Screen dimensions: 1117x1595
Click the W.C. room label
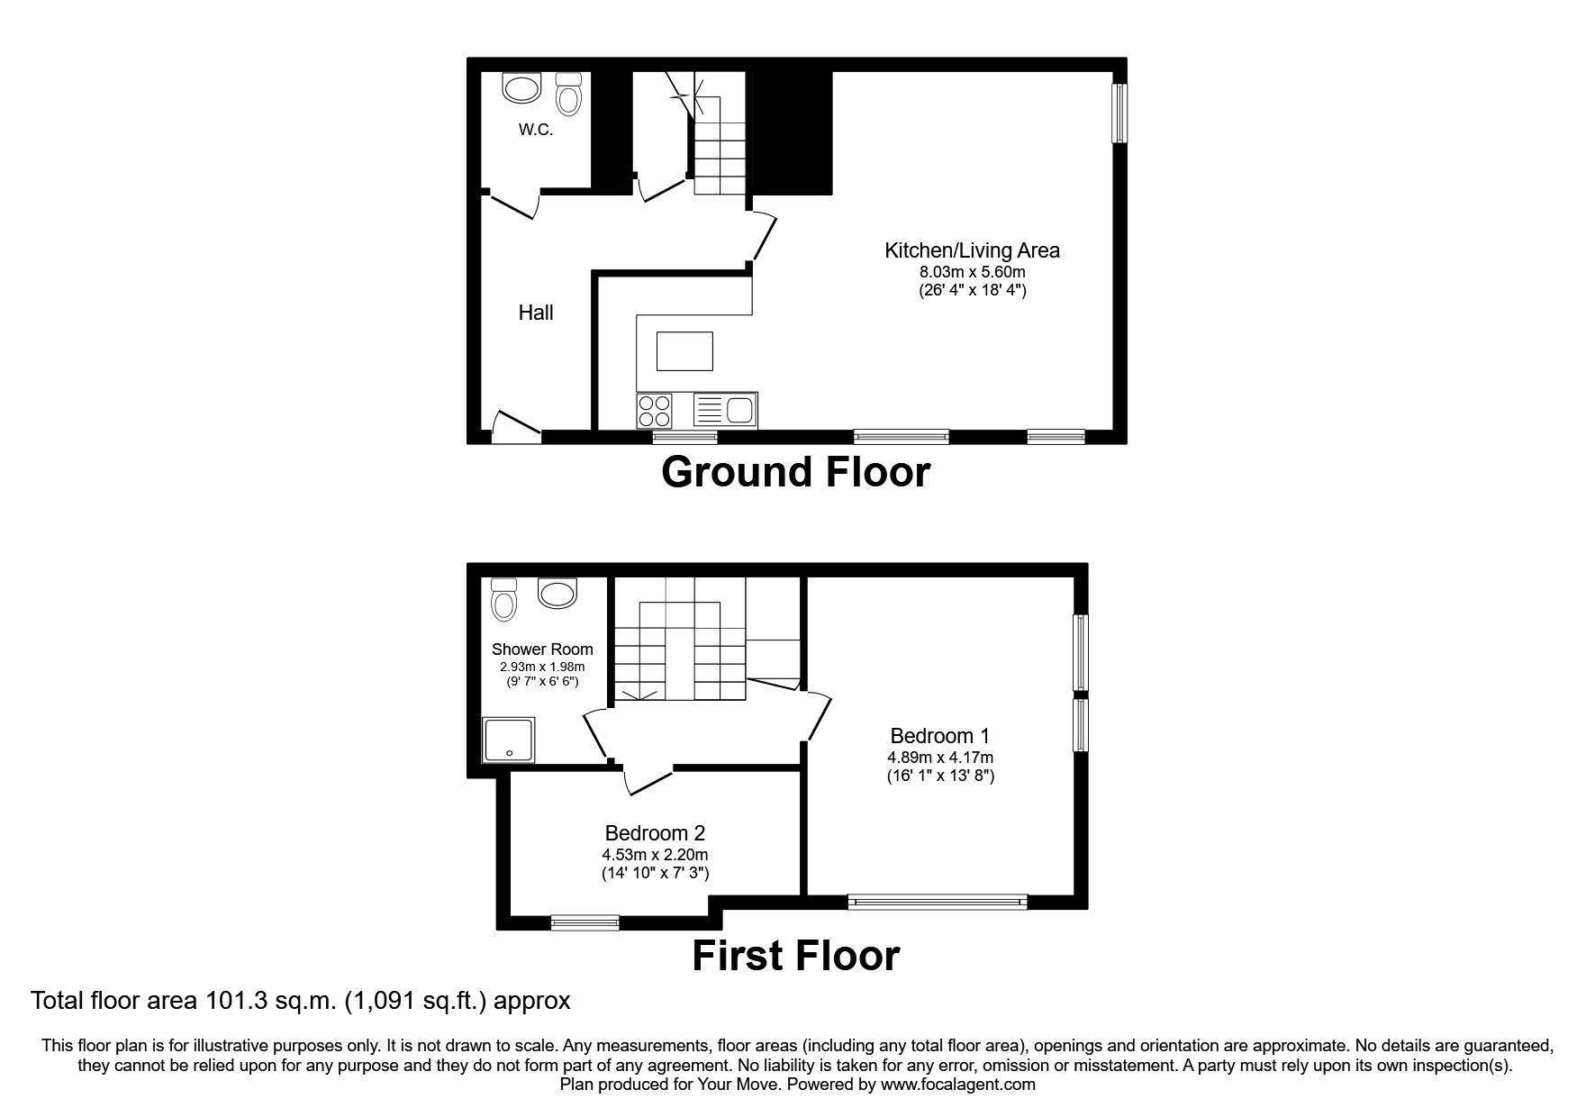[x=535, y=130]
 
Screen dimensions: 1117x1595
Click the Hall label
[x=535, y=313]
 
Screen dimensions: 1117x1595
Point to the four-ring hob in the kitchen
[x=654, y=411]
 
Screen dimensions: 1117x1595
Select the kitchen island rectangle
[x=684, y=350]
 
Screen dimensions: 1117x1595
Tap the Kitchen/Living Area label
[x=972, y=250]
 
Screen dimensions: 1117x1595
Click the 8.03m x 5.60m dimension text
[x=972, y=271]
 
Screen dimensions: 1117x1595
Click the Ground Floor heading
[x=795, y=472]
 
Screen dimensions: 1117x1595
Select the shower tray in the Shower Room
[x=510, y=740]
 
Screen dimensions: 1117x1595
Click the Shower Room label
[x=542, y=649]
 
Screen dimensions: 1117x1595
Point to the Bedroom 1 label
[x=939, y=736]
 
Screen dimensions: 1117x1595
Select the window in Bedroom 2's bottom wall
[x=585, y=922]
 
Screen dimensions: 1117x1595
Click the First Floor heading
[x=795, y=956]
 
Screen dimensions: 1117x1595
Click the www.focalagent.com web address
[x=957, y=1085]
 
